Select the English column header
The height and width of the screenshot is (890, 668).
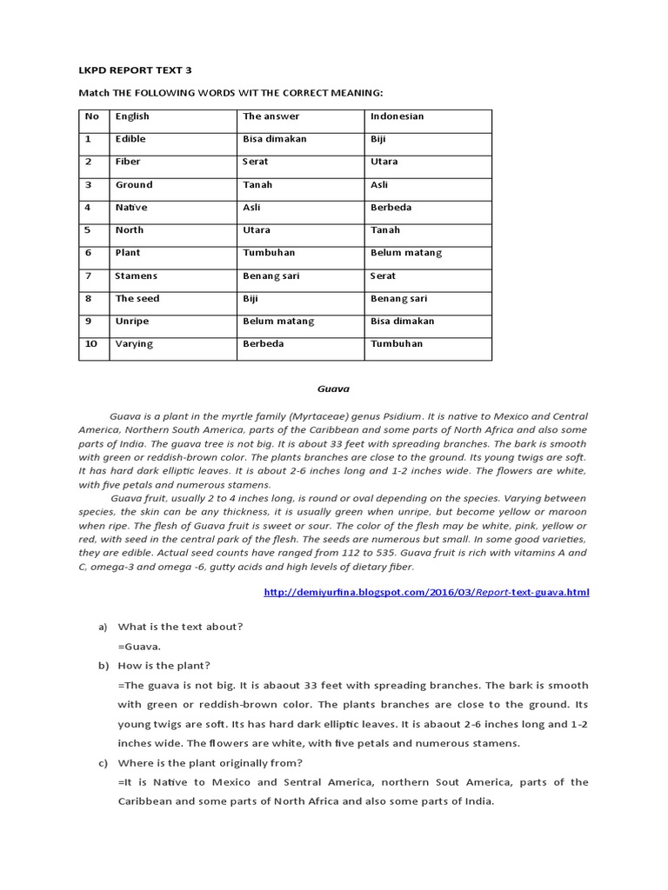(x=132, y=116)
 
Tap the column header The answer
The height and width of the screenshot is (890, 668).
(x=271, y=116)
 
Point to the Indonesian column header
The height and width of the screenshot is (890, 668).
(x=397, y=116)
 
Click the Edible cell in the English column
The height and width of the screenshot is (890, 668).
(x=130, y=139)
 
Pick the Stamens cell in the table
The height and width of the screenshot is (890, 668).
(x=137, y=276)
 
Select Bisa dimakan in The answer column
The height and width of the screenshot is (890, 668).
(x=275, y=139)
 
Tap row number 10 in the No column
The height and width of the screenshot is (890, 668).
(x=90, y=343)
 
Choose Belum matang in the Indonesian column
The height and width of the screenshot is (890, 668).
(x=406, y=253)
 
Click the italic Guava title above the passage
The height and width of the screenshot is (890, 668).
(x=333, y=389)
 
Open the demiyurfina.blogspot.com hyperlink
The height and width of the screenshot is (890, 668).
(x=425, y=593)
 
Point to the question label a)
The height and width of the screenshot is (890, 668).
(x=103, y=627)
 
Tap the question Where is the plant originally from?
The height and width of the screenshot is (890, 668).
(x=210, y=763)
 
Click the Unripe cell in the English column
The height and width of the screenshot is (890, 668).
(x=132, y=321)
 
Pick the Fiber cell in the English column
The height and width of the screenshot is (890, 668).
(x=128, y=162)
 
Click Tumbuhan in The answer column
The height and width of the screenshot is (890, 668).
(x=269, y=253)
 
